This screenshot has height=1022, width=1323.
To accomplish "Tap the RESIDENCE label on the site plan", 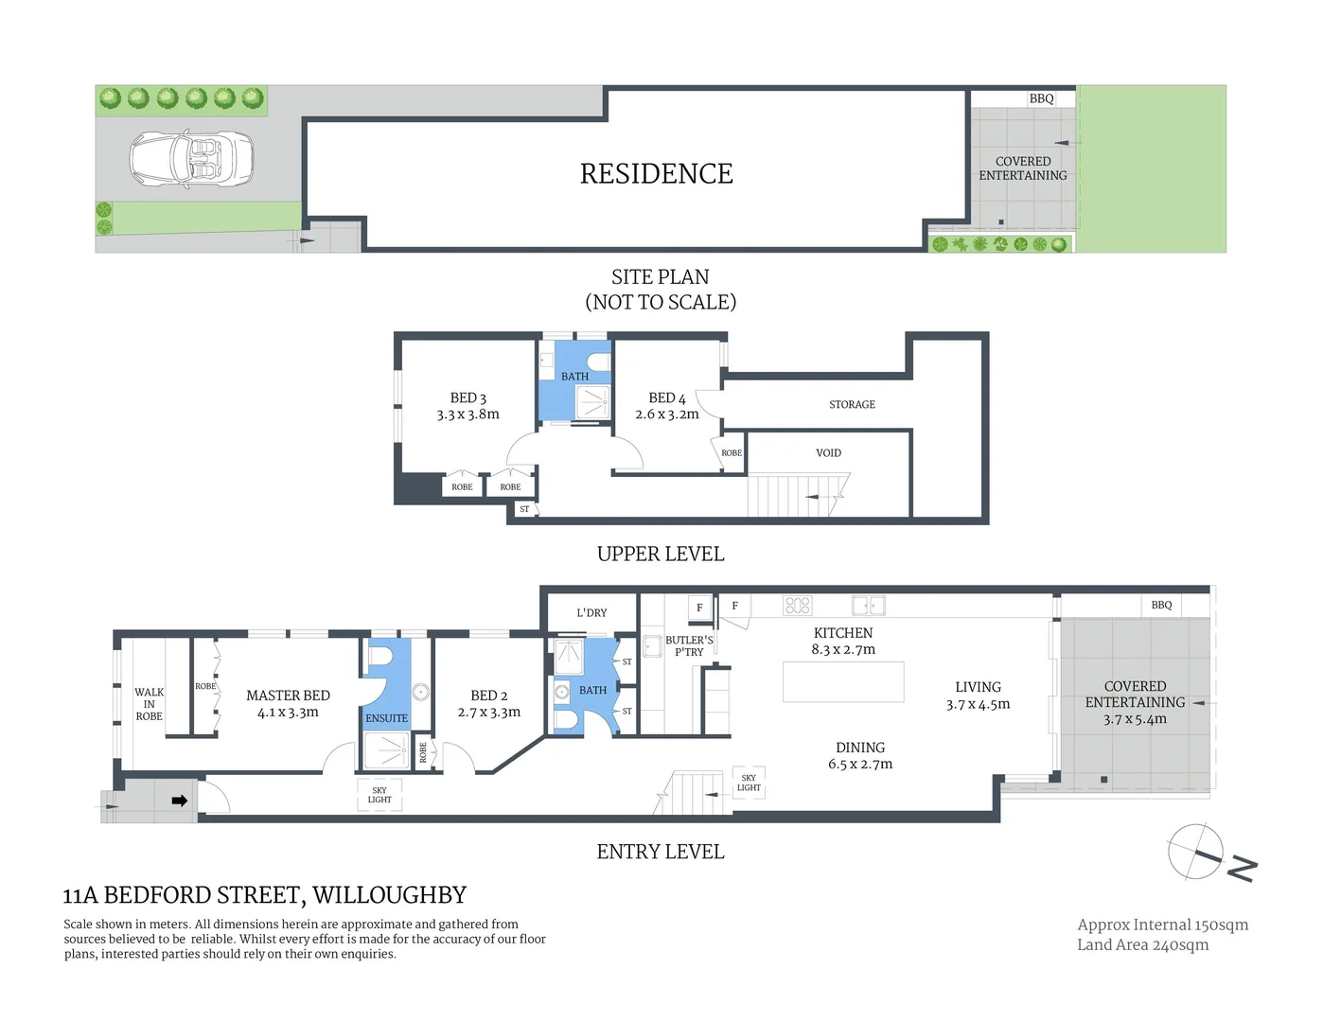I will (656, 174).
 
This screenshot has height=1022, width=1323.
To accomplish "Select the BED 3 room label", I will (467, 398).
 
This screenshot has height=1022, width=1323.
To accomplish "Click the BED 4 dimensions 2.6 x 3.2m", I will (666, 414).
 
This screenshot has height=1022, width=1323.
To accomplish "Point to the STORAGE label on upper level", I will (852, 404).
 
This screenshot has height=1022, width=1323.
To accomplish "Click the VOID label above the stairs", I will (828, 453).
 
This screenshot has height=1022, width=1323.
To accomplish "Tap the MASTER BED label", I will (288, 696).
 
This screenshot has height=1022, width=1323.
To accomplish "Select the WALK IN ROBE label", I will (149, 704).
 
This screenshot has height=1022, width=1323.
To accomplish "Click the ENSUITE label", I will (386, 718).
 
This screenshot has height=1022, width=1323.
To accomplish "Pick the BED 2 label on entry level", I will (488, 696).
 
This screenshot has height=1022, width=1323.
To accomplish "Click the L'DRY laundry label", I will (591, 613).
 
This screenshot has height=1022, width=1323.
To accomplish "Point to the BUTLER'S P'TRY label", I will (689, 646).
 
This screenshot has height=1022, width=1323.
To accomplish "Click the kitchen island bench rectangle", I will (842, 682).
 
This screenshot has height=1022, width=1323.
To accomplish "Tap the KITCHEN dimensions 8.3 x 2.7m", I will (842, 650).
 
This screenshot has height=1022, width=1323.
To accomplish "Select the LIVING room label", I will (978, 687).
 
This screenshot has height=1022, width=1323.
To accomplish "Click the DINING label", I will (859, 748).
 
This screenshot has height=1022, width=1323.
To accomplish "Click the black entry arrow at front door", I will (179, 801).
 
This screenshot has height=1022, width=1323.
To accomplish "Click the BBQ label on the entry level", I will (1161, 606).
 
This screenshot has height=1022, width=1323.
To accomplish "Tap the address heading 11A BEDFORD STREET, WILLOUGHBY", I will (265, 895).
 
